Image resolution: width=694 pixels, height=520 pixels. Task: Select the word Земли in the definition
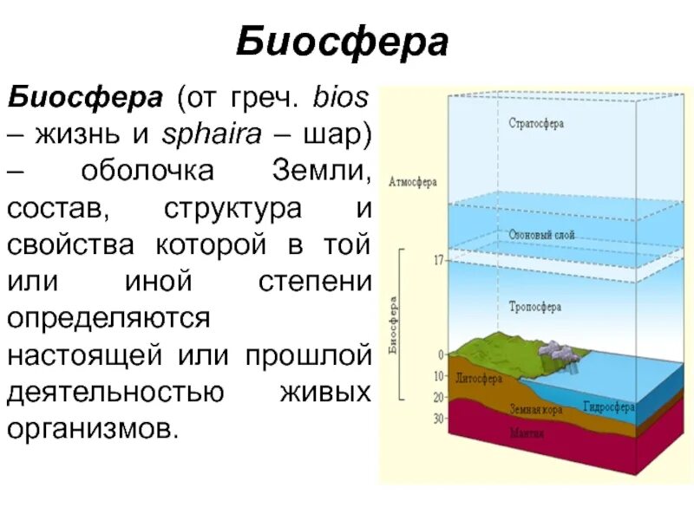pos(322,171)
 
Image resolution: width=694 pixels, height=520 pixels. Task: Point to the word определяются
pos(109,317)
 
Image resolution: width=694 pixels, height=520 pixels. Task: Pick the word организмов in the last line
pos(92,428)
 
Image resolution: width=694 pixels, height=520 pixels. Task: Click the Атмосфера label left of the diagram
pos(413,183)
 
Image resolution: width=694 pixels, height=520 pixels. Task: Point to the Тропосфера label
pos(534,307)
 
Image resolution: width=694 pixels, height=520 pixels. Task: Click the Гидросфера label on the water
pos(608,406)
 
